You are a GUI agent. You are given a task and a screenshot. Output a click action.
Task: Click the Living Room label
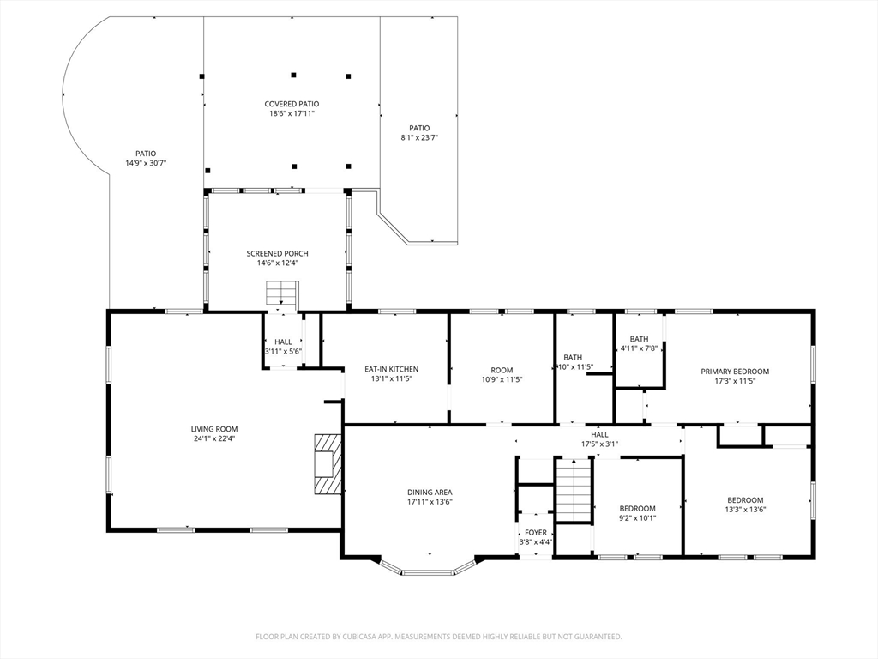(214, 429)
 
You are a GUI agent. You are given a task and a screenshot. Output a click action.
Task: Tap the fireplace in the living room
(328, 463)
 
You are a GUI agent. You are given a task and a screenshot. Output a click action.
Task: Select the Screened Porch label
(277, 253)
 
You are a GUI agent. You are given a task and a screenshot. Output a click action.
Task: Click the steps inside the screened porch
(280, 293)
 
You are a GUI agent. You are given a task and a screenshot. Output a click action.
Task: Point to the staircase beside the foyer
(574, 490)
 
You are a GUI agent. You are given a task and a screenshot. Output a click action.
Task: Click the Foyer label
(536, 532)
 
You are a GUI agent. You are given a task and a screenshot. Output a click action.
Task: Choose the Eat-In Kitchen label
(391, 369)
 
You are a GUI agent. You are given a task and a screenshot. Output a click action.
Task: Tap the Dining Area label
(430, 493)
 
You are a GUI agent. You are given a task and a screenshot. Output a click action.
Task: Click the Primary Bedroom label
(735, 371)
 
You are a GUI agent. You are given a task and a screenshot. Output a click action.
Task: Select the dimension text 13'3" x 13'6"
(745, 510)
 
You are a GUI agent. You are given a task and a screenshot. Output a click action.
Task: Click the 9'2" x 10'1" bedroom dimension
(637, 517)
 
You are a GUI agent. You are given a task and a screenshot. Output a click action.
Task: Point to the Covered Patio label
(292, 104)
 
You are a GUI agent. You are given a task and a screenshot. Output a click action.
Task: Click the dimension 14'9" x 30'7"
(146, 163)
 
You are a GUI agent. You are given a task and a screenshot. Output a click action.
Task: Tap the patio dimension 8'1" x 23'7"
(418, 137)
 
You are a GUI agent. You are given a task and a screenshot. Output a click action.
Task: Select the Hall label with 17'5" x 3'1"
(599, 434)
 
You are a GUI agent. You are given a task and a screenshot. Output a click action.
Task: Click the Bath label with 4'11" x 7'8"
(639, 338)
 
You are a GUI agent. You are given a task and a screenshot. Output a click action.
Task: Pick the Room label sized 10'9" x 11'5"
(502, 370)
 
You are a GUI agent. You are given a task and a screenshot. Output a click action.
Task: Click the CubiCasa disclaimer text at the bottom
(439, 637)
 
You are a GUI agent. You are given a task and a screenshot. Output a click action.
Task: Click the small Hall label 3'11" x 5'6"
(283, 342)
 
